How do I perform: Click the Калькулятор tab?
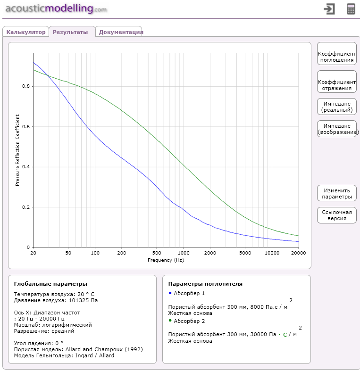click(x=26, y=32)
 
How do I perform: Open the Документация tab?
click(x=121, y=32)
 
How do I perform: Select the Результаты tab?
click(x=70, y=32)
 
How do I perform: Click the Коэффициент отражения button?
click(x=336, y=85)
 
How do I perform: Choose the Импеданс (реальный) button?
click(x=336, y=107)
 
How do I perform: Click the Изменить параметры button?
click(x=336, y=193)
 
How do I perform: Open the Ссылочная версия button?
click(x=336, y=215)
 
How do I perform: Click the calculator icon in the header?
click(x=351, y=9)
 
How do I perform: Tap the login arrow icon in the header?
click(x=329, y=9)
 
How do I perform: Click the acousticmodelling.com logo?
click(x=56, y=8)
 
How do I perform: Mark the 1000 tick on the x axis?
click(x=183, y=254)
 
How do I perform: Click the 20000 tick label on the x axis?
click(x=298, y=254)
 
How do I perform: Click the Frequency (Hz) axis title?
click(x=166, y=260)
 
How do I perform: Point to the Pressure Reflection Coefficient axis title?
click(x=17, y=150)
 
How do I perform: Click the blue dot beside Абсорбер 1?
click(x=170, y=293)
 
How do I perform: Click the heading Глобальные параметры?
click(x=50, y=284)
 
